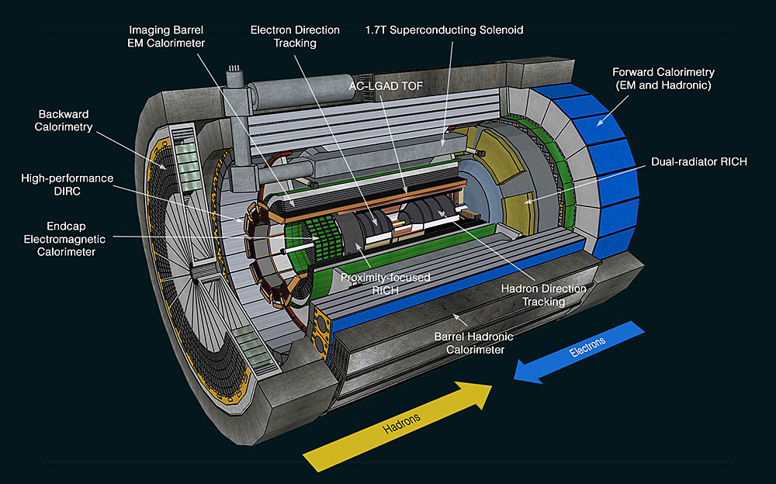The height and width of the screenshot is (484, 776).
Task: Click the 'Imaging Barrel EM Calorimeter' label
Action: click(x=168, y=36)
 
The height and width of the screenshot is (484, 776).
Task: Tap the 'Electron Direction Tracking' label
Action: click(x=295, y=36)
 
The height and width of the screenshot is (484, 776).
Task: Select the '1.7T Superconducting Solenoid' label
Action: click(x=445, y=30)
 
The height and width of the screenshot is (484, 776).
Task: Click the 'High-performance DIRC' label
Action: click(x=68, y=185)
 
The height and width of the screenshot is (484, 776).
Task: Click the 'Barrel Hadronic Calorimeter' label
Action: click(x=476, y=343)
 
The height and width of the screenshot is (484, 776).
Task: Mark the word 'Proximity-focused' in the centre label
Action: click(x=385, y=277)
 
